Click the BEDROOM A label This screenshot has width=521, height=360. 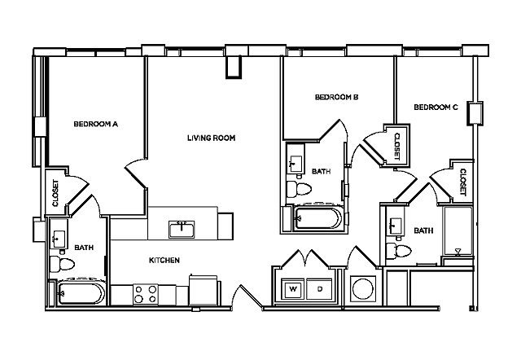point(96,125)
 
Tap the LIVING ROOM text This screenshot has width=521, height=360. point(211,138)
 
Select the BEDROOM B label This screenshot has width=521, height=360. point(337,98)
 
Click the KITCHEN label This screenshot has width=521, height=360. point(164,261)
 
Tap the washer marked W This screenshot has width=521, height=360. point(292,289)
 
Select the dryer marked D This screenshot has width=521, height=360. point(320,289)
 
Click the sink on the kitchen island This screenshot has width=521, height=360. point(182,228)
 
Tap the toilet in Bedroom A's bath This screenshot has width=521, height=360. point(60,263)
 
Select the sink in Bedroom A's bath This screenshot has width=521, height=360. point(59,239)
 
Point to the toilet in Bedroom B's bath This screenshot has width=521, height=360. point(300,190)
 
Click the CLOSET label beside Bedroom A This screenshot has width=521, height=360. point(55,193)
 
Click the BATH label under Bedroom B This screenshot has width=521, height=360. point(320,172)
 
